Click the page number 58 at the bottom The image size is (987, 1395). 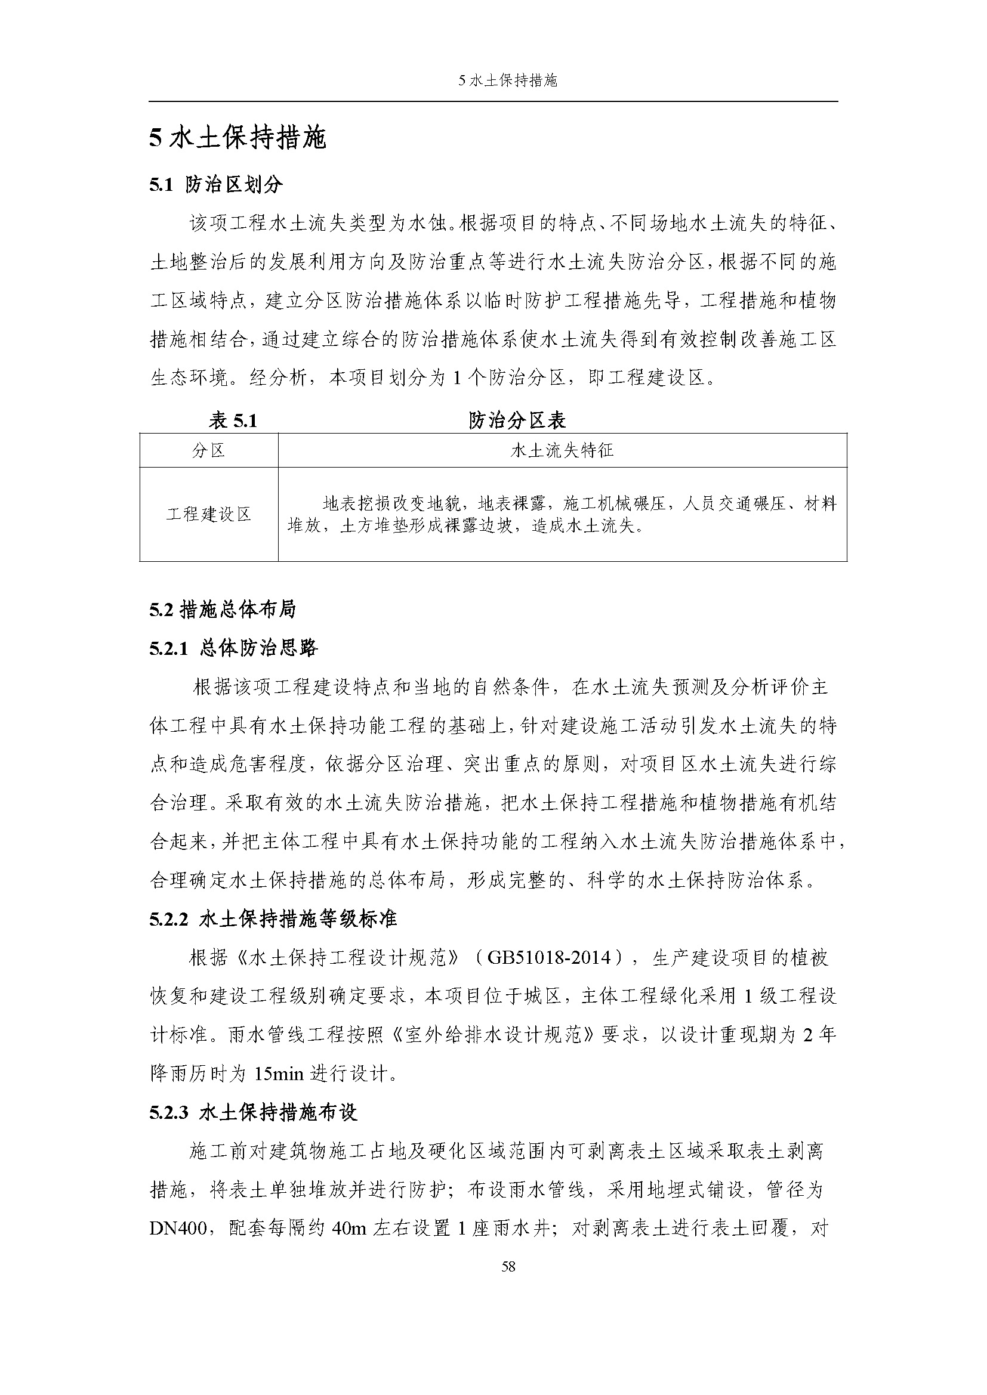point(508,1266)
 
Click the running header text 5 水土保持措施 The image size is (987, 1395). point(508,81)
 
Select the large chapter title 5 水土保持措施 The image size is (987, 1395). point(238,138)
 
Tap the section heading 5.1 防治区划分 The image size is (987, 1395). point(216,185)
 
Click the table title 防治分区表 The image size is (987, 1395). point(517,420)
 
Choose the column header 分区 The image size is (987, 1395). point(208,450)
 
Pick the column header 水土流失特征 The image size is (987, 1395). point(562,450)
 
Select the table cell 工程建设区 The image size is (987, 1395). point(208,515)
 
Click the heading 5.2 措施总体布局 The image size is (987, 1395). point(223,610)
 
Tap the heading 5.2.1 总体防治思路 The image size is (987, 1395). point(234,648)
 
